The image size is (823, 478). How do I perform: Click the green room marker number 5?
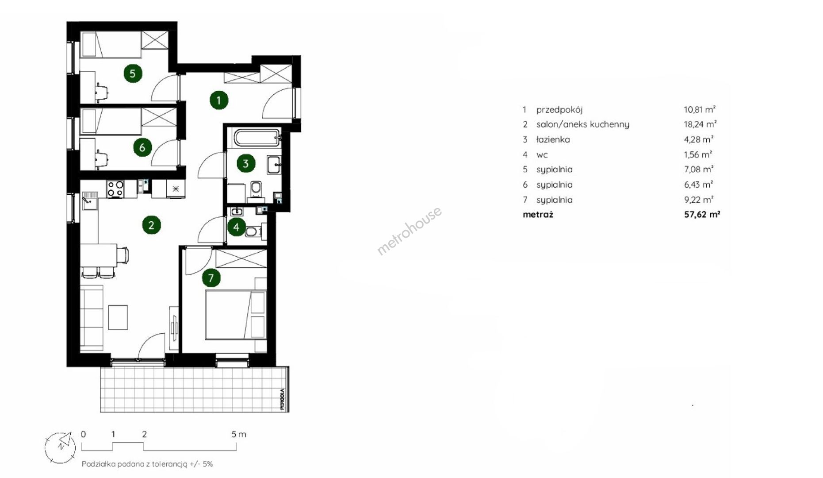133,73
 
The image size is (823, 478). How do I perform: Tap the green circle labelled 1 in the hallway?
218,100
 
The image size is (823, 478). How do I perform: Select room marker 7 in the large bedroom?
211,278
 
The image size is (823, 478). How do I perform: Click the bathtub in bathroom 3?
257,137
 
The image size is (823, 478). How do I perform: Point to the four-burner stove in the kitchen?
115,189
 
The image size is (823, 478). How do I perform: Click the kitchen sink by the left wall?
89,200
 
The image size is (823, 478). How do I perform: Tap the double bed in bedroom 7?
236,315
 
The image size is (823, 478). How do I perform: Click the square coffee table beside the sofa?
118,317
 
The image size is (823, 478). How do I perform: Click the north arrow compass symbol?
60,447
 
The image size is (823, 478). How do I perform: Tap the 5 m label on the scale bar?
239,434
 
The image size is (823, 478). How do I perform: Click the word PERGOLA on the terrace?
282,400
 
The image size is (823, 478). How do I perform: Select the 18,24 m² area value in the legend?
700,124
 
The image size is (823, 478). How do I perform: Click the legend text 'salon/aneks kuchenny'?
582,124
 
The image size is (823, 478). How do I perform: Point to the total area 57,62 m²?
702,215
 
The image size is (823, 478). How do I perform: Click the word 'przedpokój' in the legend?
559,110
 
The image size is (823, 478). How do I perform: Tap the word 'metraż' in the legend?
538,215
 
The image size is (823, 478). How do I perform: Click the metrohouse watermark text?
409,231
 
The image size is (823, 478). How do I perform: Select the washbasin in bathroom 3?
274,165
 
